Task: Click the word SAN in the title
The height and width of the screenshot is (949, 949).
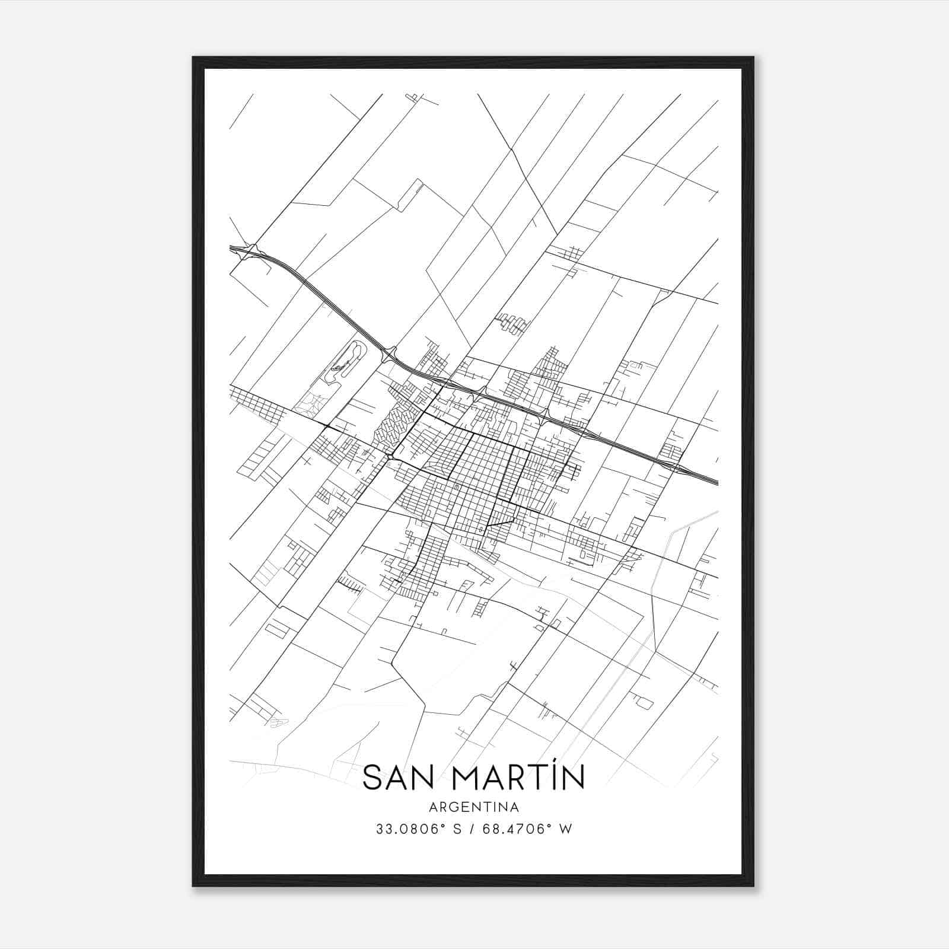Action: coord(396,777)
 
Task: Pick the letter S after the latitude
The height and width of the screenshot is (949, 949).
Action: coord(457,829)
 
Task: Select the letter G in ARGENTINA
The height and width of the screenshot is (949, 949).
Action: coord(451,807)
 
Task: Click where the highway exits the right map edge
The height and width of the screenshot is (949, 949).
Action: coord(717,481)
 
